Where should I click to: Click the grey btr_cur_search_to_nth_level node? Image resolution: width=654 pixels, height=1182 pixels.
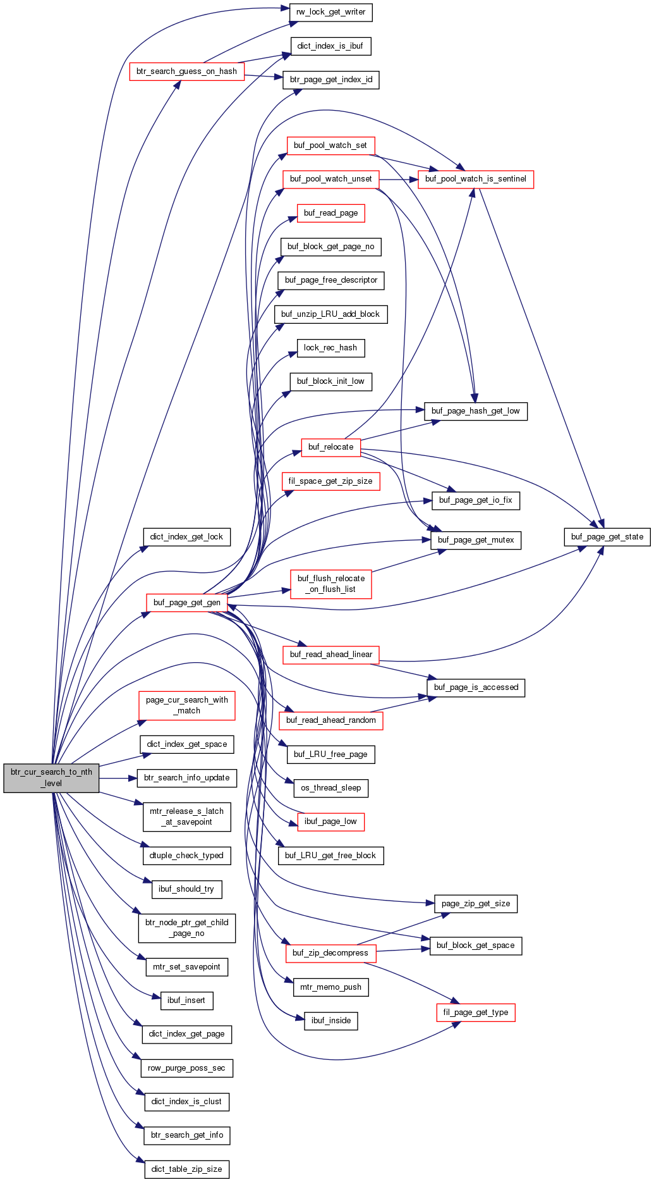coord(51,778)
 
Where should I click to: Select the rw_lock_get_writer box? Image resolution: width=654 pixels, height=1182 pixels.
coord(330,12)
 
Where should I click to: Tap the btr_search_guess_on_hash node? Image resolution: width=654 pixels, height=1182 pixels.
coord(186,71)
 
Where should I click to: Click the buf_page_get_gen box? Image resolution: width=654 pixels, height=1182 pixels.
coord(186,603)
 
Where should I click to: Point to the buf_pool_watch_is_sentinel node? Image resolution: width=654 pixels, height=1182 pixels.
coord(475,179)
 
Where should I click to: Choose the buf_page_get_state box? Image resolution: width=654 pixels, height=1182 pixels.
coord(607,537)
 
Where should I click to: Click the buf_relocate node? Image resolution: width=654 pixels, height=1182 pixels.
coord(330,447)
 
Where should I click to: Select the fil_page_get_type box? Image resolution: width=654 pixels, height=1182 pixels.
coord(475,1013)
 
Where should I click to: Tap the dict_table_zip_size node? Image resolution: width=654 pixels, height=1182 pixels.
coord(186,1169)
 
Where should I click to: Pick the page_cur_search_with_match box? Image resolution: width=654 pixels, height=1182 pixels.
coord(186,705)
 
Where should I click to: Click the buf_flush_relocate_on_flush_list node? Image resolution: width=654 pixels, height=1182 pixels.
coord(330,584)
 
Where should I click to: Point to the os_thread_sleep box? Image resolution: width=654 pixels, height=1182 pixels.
coord(330,788)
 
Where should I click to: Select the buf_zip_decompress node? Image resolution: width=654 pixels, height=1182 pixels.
coord(330,953)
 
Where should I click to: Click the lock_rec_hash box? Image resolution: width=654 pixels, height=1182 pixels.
coord(330,348)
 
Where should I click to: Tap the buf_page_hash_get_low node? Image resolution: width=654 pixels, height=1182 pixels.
coord(475,411)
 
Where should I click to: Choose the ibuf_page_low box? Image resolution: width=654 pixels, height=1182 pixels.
coord(330,822)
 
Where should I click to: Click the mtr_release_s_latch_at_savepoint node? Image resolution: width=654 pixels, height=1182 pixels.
coord(186,816)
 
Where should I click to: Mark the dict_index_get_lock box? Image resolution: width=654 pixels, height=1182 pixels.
coord(186,537)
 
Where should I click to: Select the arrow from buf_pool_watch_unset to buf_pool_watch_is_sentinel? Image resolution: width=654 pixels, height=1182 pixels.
coord(399,179)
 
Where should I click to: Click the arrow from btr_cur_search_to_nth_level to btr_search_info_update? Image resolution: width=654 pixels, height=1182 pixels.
coord(118,778)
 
